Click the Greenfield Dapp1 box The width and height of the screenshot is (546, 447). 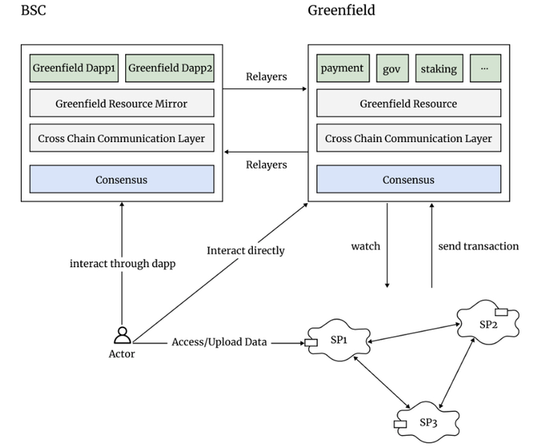(74, 68)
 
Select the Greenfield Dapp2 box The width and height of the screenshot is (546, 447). (169, 68)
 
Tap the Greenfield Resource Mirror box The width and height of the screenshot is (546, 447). (121, 104)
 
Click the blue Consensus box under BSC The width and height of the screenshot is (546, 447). (121, 180)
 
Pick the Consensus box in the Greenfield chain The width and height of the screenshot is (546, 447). (408, 180)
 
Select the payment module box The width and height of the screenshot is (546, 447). (342, 68)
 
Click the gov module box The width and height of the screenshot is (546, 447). (392, 68)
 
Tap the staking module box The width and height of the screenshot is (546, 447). (438, 68)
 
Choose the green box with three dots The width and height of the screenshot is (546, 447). (484, 68)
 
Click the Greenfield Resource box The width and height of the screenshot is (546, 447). (408, 104)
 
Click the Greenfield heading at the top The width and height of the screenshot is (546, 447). (341, 10)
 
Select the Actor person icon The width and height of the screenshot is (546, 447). (122, 335)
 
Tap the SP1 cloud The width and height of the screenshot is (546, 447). (339, 341)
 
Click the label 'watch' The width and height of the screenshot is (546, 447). (365, 246)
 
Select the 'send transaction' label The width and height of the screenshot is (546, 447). (479, 246)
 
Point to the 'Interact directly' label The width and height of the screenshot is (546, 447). (246, 250)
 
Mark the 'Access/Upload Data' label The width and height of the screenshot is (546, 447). (219, 342)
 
